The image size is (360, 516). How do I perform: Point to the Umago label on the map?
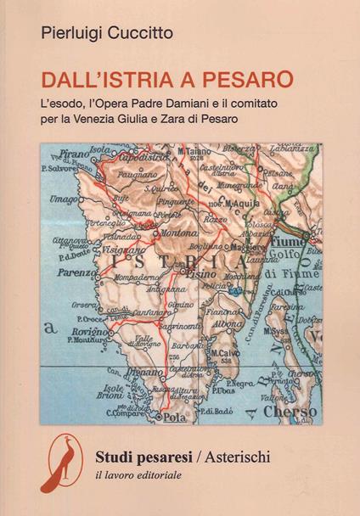65,198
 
